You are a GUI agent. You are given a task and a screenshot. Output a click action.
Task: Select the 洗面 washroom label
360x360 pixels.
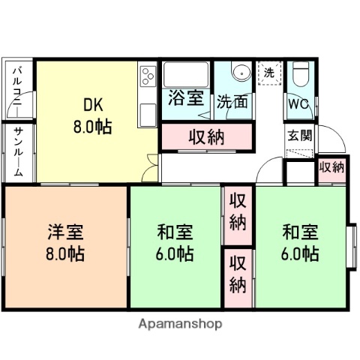click(x=232, y=101)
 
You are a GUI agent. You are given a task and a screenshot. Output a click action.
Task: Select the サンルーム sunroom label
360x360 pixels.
click(x=19, y=151)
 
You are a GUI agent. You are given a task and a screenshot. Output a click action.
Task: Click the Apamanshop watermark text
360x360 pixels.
click(x=180, y=325)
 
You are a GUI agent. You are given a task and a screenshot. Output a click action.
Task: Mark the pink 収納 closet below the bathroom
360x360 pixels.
click(x=205, y=137)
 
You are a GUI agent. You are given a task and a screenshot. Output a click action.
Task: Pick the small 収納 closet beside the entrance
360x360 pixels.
click(x=331, y=167)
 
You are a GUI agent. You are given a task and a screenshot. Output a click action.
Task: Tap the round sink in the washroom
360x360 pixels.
click(x=241, y=73)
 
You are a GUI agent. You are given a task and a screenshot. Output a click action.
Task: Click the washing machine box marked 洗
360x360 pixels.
click(x=268, y=72)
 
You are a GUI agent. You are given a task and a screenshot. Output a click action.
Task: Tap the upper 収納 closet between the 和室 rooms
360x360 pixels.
click(x=238, y=211)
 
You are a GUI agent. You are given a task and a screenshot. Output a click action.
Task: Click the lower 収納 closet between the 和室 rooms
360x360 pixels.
click(x=238, y=274)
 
